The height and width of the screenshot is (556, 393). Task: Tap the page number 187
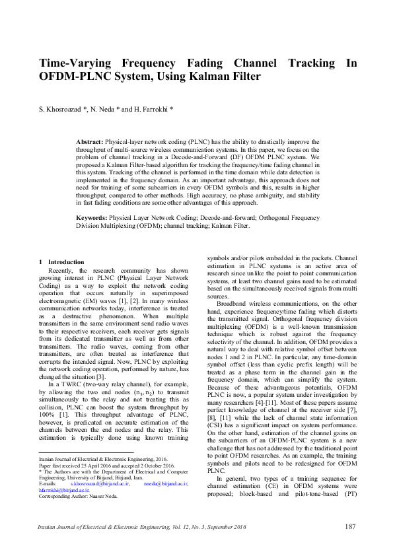coord(351,526)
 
